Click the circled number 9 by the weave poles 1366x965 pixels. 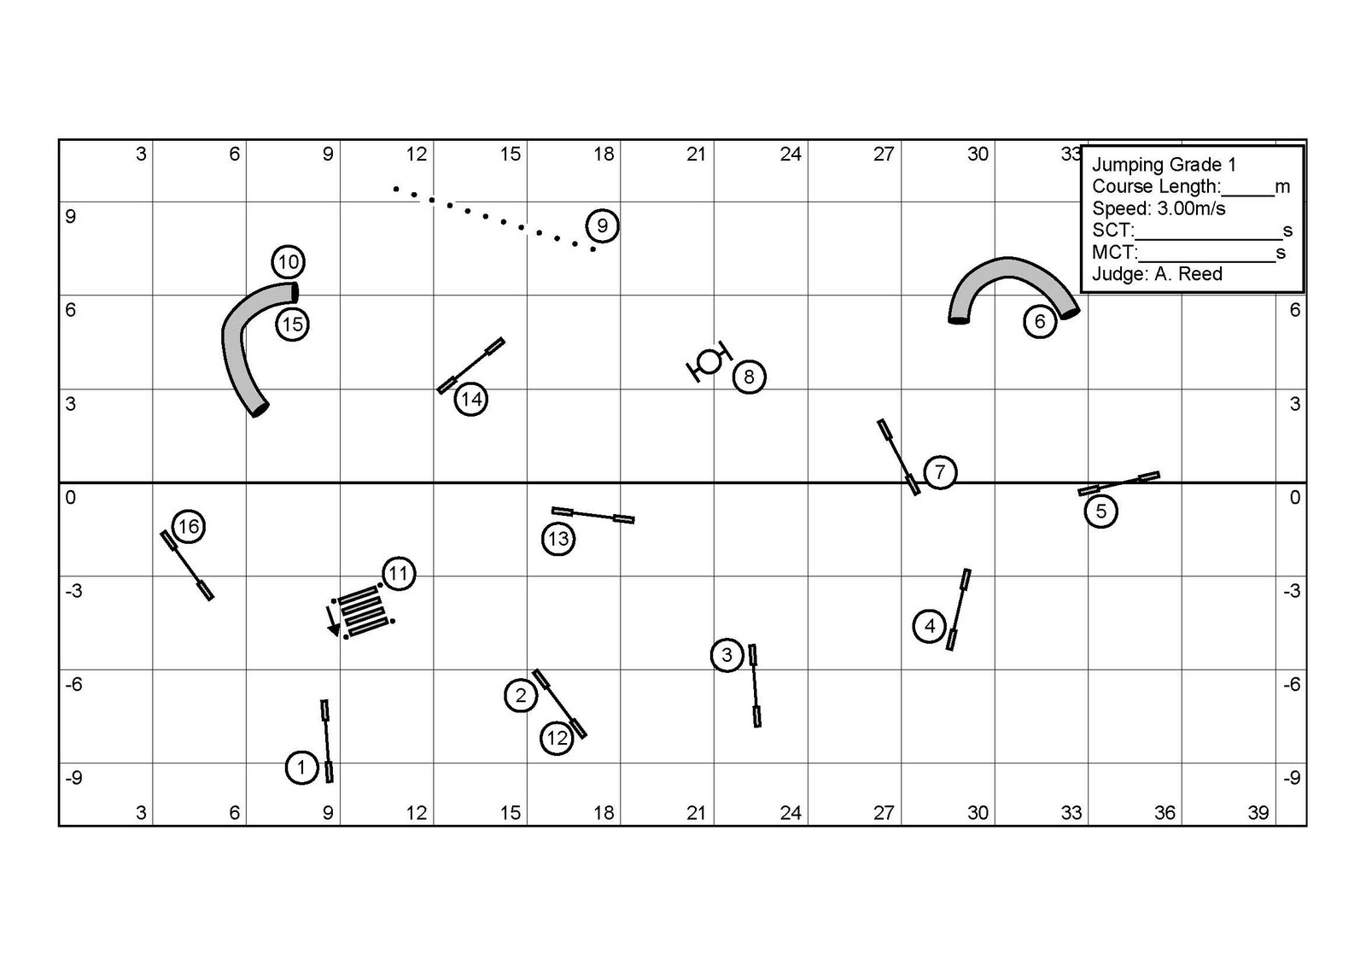pos(602,226)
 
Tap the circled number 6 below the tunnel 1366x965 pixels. pos(1040,322)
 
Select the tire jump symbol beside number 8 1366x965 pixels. pos(709,362)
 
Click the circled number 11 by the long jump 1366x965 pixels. pos(399,574)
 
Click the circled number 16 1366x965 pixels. pos(189,527)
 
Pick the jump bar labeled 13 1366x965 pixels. pos(593,514)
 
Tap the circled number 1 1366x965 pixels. pos(301,768)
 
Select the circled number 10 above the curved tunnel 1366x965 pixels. pos(289,262)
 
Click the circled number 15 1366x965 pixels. pos(292,325)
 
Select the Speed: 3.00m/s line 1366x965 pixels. pos(1159,209)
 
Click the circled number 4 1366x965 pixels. pos(930,626)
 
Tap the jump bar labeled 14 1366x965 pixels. pos(470,366)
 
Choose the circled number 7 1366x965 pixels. pos(940,472)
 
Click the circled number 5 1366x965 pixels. pos(1100,512)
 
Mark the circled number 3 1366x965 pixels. pos(727,655)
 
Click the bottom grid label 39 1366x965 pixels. pos(1258,813)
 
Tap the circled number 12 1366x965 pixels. pos(557,738)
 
